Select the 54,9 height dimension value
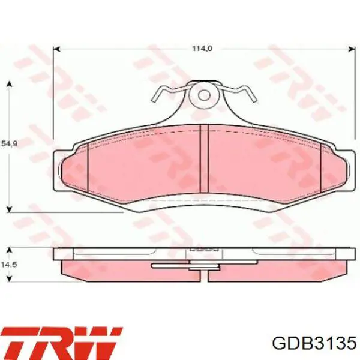tap(10, 144)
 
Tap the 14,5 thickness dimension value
tap(9, 265)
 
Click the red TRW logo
tap(62, 343)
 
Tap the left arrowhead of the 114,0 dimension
tap(56, 49)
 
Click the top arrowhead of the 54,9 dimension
tap(9, 84)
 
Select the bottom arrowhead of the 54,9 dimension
tap(9, 209)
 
